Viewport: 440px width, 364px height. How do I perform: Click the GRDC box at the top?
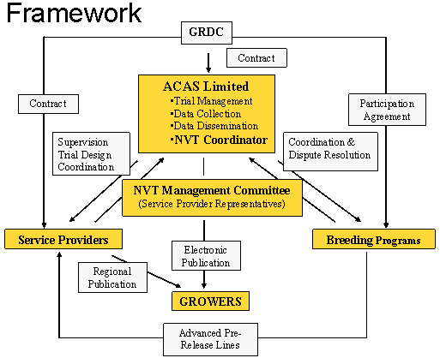[207, 33]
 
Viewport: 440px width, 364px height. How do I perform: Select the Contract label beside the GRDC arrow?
[256, 57]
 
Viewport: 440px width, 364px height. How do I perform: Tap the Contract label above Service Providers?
[48, 104]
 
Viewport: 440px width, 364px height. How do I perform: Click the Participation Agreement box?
[387, 110]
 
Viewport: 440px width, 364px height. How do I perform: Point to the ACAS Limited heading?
[206, 87]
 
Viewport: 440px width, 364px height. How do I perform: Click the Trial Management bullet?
[211, 101]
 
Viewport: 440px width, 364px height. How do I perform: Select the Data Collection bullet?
[205, 114]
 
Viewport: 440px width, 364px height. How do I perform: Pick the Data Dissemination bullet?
[214, 126]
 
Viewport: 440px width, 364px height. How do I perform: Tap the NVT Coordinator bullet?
[219, 140]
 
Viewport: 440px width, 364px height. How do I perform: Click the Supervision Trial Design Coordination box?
[91, 153]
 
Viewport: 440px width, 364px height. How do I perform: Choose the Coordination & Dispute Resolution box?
[330, 152]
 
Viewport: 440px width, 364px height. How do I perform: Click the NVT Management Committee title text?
[212, 190]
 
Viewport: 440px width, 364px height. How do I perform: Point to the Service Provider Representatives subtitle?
[212, 204]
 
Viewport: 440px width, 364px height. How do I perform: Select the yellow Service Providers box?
[63, 239]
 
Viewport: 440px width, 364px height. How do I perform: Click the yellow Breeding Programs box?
[374, 239]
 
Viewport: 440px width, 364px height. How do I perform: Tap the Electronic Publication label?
[206, 256]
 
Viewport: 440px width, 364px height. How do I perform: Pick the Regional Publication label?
[112, 277]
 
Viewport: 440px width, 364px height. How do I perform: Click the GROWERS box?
[210, 301]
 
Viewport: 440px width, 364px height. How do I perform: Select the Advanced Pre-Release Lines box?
[210, 339]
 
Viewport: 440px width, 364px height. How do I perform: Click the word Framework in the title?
[74, 13]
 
